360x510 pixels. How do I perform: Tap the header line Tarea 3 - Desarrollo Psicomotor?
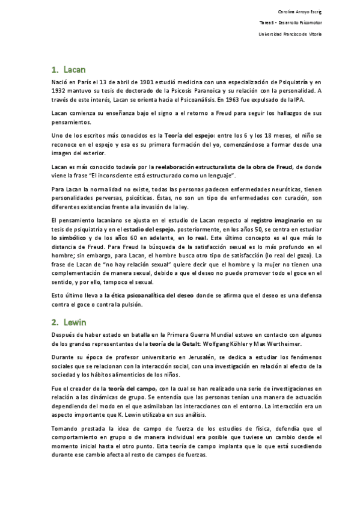pyautogui.click(x=291, y=23)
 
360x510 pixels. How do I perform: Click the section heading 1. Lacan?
pyautogui.click(x=66, y=70)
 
